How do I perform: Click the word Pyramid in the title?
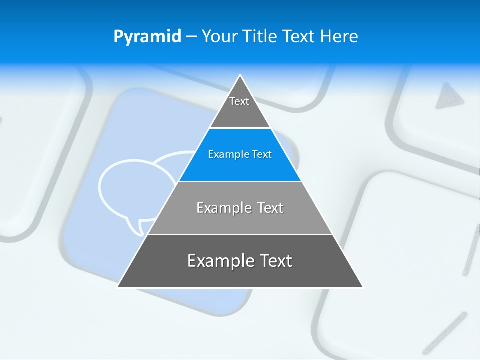click(147, 36)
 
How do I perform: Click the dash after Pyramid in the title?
click(191, 37)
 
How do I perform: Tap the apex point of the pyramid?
click(240, 76)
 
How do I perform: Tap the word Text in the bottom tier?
click(274, 261)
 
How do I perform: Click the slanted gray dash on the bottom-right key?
click(445, 332)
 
